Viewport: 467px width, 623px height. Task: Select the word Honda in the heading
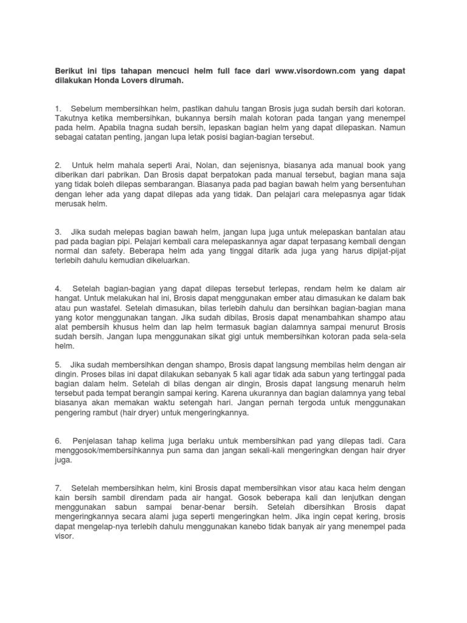(x=113, y=80)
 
